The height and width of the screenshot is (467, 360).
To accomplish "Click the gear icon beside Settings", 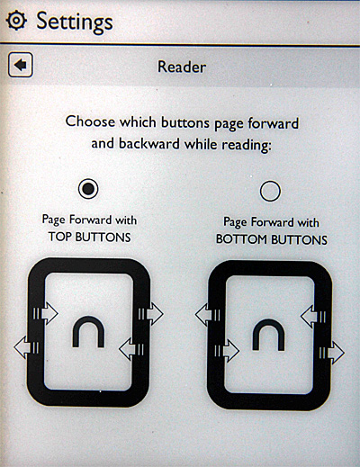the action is coord(16,20).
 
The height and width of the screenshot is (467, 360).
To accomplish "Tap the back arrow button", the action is coord(21,65).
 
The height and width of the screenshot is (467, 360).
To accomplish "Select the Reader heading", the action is coord(182,67).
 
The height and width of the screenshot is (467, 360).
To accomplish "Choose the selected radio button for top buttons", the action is coord(88,189).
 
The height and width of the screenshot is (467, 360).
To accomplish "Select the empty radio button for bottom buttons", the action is coord(270,191).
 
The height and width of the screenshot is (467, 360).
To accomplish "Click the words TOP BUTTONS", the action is coord(89,237).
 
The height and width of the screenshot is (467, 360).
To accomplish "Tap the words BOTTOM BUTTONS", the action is coord(272,239).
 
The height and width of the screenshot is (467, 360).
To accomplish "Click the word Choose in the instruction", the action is coord(90,121).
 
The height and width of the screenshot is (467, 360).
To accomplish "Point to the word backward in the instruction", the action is coord(149,143).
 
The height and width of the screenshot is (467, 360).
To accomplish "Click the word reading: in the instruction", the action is coord(247,146).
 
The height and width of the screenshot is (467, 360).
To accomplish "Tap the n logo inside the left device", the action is coord(88,332).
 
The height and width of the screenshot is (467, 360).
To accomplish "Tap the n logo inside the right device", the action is coord(268,335).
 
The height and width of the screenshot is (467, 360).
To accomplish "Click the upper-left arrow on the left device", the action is coord(45,313).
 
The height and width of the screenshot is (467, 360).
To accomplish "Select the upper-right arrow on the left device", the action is coord(151,314).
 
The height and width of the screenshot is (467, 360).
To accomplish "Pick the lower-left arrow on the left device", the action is coord(26,347).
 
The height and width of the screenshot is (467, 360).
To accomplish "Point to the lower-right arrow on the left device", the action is coord(131,349).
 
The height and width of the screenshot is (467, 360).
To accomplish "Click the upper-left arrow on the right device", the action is coord(208,315).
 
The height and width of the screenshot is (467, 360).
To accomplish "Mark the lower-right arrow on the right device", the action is coord(332,353).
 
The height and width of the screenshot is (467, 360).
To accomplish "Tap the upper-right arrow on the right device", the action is coord(313,317).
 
